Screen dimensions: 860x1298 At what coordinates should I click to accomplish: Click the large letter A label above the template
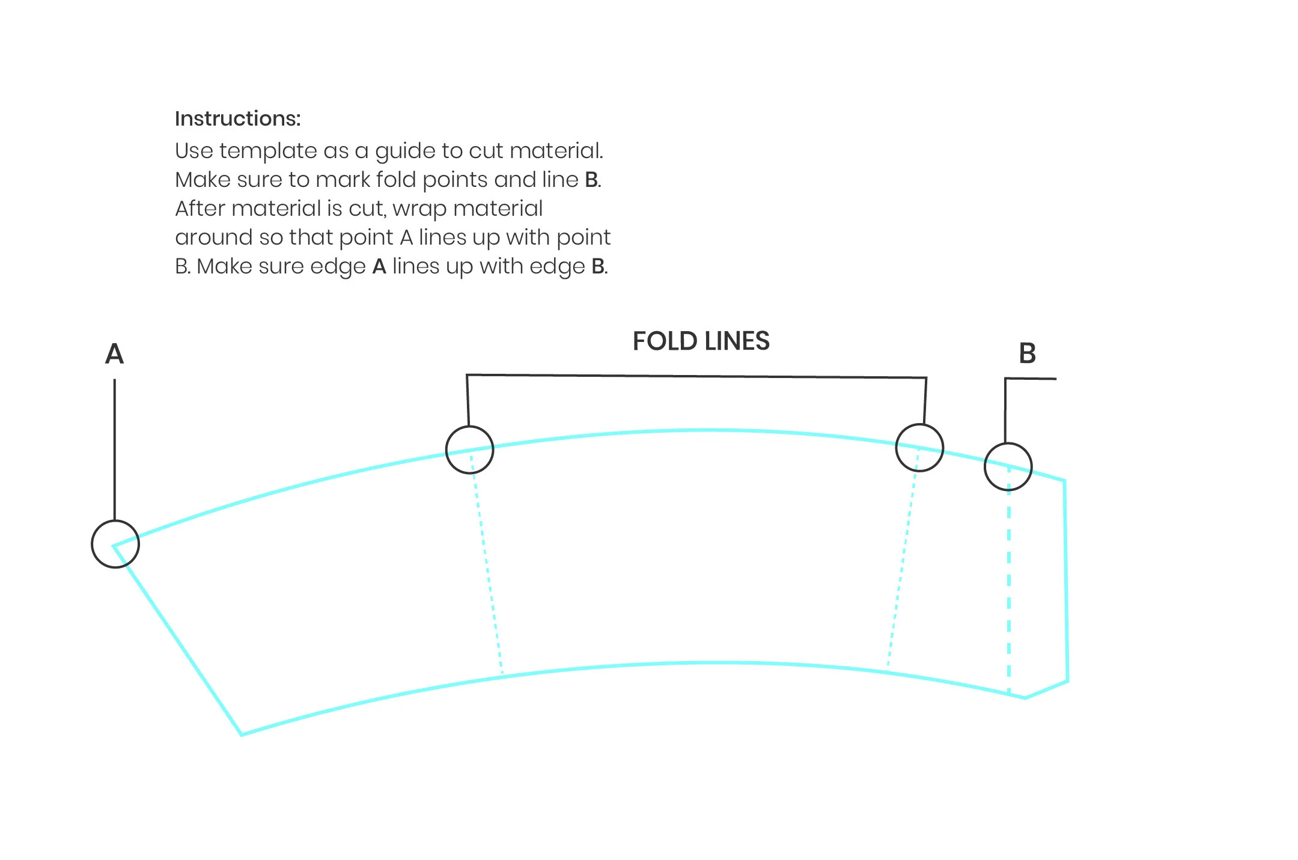point(114,354)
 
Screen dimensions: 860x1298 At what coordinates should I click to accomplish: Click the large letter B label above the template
point(1027,353)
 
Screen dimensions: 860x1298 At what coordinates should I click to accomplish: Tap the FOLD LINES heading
point(701,341)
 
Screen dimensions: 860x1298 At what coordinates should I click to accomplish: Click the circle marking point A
point(115,544)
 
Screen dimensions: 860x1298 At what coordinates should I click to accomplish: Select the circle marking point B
point(1008,467)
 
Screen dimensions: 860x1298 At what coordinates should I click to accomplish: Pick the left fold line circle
point(469,450)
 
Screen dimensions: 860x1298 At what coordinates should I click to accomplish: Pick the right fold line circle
point(919,448)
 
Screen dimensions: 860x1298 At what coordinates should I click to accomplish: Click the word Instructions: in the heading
point(237,119)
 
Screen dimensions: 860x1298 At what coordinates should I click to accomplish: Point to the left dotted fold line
point(487,565)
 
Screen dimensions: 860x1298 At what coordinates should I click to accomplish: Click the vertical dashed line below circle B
point(1008,589)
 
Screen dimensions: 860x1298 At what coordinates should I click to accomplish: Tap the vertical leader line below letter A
point(115,451)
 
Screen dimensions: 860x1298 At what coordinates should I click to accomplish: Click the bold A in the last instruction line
point(379,266)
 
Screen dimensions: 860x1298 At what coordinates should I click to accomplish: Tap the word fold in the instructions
point(396,180)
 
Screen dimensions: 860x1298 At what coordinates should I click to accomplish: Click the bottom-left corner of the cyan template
point(242,734)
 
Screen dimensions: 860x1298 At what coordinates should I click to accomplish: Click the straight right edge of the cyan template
point(1066,580)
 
